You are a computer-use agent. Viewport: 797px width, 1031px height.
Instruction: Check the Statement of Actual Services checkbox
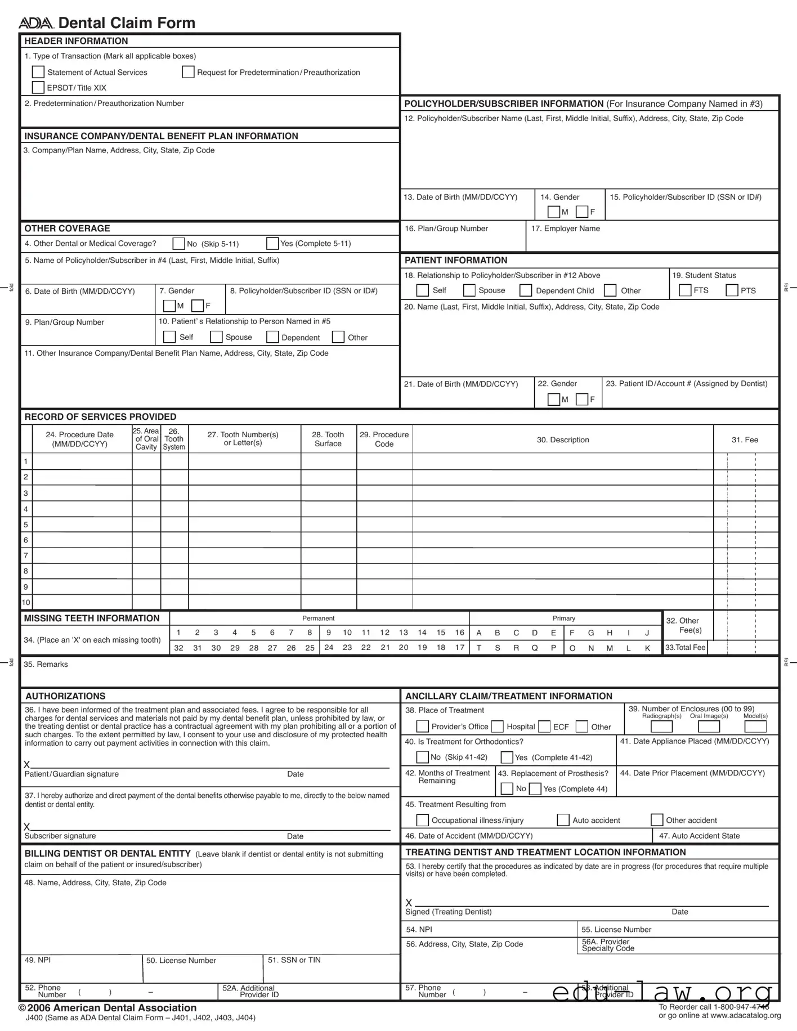(x=38, y=72)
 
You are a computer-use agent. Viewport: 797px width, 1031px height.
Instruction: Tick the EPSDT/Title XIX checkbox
(x=38, y=87)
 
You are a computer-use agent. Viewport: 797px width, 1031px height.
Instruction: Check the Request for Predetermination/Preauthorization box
(x=188, y=72)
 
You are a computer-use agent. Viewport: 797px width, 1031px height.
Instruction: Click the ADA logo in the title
(x=36, y=23)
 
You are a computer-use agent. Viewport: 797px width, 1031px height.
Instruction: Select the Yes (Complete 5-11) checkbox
(x=272, y=243)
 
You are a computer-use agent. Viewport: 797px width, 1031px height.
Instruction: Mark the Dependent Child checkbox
(x=526, y=290)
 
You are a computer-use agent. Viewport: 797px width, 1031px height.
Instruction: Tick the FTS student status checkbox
(x=685, y=290)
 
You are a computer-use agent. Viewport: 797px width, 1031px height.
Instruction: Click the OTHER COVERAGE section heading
(x=67, y=228)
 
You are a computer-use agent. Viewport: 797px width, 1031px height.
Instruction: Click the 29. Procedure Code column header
(x=384, y=439)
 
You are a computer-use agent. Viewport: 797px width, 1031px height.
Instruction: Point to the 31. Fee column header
(x=745, y=440)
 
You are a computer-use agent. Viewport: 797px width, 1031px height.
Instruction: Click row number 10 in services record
(x=26, y=602)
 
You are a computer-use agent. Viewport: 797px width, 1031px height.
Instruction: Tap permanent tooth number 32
(x=178, y=648)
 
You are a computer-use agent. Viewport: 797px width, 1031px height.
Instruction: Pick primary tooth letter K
(x=647, y=648)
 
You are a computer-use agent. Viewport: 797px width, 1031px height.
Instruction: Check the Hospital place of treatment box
(x=498, y=727)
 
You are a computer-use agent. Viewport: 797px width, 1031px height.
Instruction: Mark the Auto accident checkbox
(x=563, y=820)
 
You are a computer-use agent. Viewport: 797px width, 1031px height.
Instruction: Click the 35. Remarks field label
(x=46, y=664)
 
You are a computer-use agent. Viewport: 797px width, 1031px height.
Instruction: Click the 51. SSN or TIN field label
(x=294, y=960)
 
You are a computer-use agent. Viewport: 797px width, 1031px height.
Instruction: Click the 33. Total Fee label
(x=685, y=648)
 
